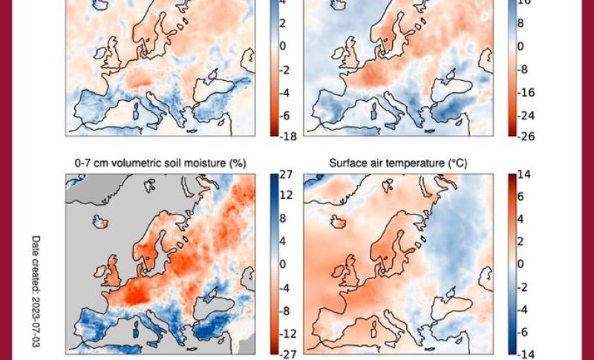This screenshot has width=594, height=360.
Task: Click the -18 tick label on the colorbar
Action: tap(287, 136)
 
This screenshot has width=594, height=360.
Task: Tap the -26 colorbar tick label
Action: tap(526, 136)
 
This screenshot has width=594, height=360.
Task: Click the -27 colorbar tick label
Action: tap(287, 355)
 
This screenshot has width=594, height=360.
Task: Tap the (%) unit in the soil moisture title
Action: tap(237, 163)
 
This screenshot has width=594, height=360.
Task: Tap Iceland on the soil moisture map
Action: tap(102, 220)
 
